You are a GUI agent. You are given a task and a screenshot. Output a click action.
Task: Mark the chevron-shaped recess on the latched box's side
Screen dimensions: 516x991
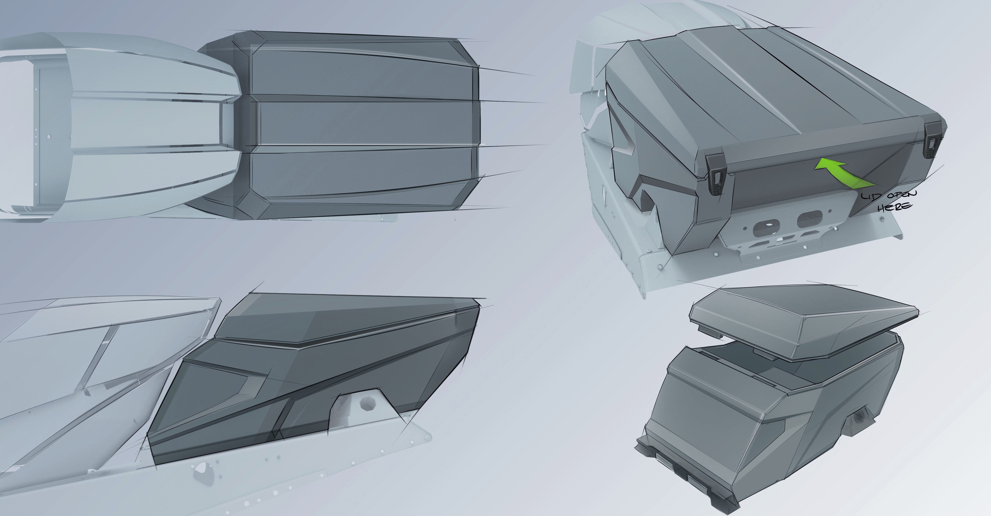(623, 135)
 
